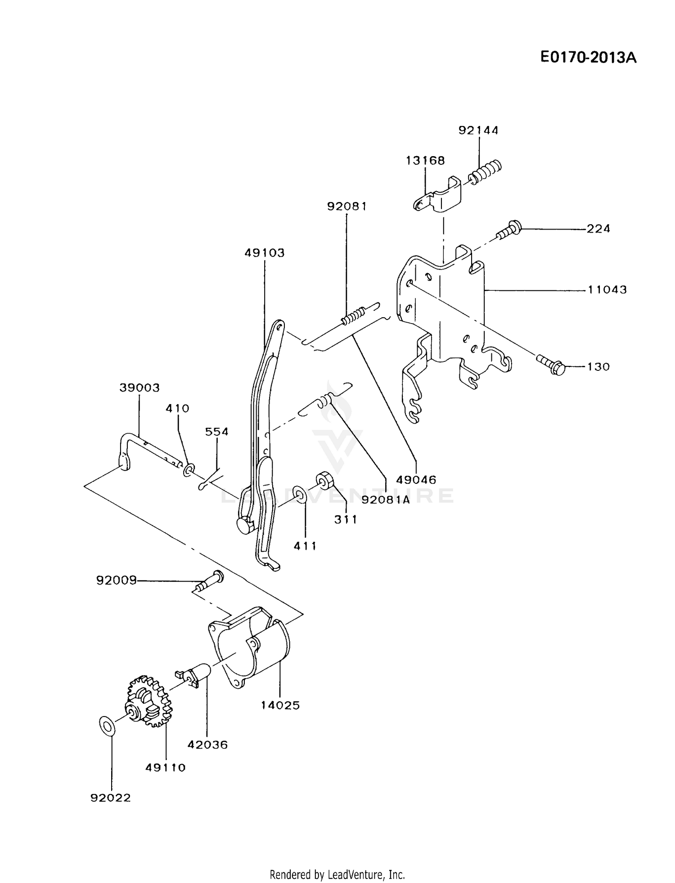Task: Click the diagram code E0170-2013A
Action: click(588, 58)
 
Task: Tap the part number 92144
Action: click(478, 130)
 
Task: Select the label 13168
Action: click(425, 160)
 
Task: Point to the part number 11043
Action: click(607, 289)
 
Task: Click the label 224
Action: click(598, 229)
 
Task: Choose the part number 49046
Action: click(417, 480)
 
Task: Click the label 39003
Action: click(139, 387)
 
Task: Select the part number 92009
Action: click(116, 581)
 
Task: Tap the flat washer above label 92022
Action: click(107, 725)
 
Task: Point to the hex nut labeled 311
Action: click(323, 480)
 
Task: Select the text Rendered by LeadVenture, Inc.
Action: click(337, 874)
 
